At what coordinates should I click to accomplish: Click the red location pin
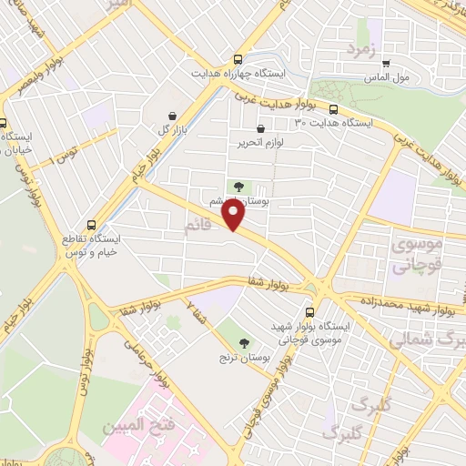click(x=234, y=214)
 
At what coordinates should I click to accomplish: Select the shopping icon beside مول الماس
click(x=386, y=64)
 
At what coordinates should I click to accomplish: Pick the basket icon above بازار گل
click(x=172, y=116)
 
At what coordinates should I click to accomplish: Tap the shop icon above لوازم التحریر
click(x=261, y=129)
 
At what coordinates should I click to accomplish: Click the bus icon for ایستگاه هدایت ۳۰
click(x=334, y=107)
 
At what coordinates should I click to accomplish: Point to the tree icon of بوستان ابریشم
click(x=238, y=186)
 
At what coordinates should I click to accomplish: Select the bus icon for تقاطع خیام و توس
click(x=91, y=224)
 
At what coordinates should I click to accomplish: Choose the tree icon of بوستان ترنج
click(x=243, y=343)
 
